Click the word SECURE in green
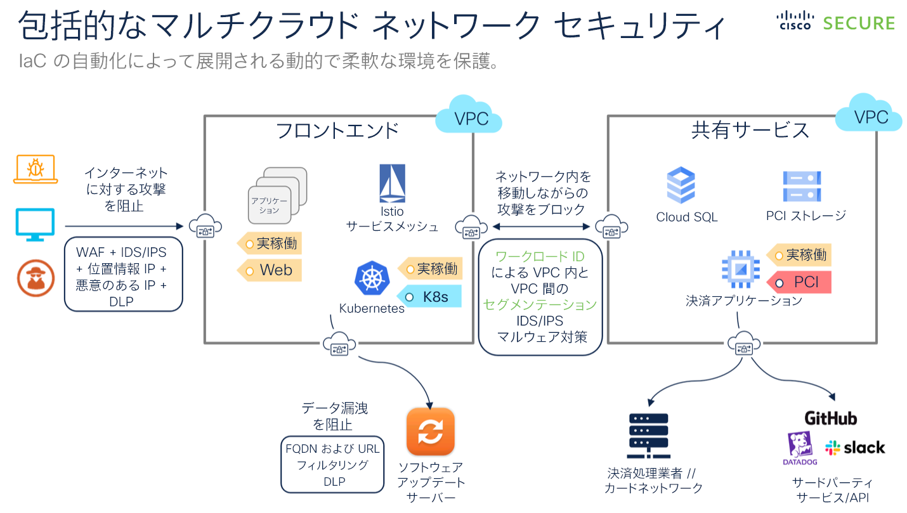pos(859,23)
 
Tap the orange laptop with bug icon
pos(36,170)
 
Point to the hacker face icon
pos(36,279)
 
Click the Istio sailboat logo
pos(392,183)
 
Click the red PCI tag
pos(800,282)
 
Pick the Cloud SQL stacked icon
pos(681,185)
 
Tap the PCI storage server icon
pos(802,186)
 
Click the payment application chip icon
pos(740,269)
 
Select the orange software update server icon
pos(431,431)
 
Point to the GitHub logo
pos(830,419)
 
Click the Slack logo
pos(854,448)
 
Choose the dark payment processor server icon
pos(648,436)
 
